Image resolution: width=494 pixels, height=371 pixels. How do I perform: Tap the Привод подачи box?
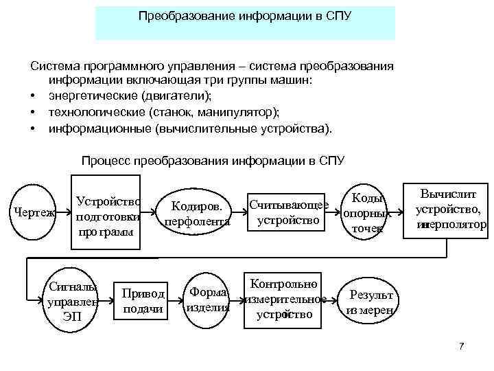click(x=143, y=301)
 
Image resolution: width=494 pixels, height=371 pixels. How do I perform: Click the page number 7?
click(x=462, y=346)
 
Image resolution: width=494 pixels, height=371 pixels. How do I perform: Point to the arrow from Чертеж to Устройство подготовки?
click(x=65, y=213)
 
